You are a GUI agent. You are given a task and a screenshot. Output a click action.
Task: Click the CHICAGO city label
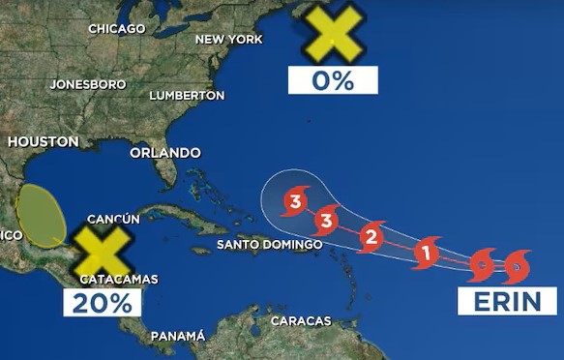(116, 29)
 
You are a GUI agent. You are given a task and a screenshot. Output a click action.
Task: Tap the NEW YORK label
(228, 39)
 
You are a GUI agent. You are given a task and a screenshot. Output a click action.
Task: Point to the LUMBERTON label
(187, 96)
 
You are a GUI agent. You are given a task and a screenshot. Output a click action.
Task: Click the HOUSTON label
(43, 141)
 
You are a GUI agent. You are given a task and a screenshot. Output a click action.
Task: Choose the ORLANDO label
(164, 153)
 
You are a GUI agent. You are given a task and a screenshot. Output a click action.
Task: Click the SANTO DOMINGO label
(269, 245)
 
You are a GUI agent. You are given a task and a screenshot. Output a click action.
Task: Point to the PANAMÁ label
(177, 336)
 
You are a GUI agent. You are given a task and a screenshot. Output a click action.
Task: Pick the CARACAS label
(300, 320)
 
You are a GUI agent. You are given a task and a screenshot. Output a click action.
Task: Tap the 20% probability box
(103, 302)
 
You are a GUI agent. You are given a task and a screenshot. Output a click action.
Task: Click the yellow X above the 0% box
(332, 31)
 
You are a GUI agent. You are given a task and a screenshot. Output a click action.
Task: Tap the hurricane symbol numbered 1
(424, 254)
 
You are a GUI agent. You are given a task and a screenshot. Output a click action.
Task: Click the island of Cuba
(174, 215)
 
